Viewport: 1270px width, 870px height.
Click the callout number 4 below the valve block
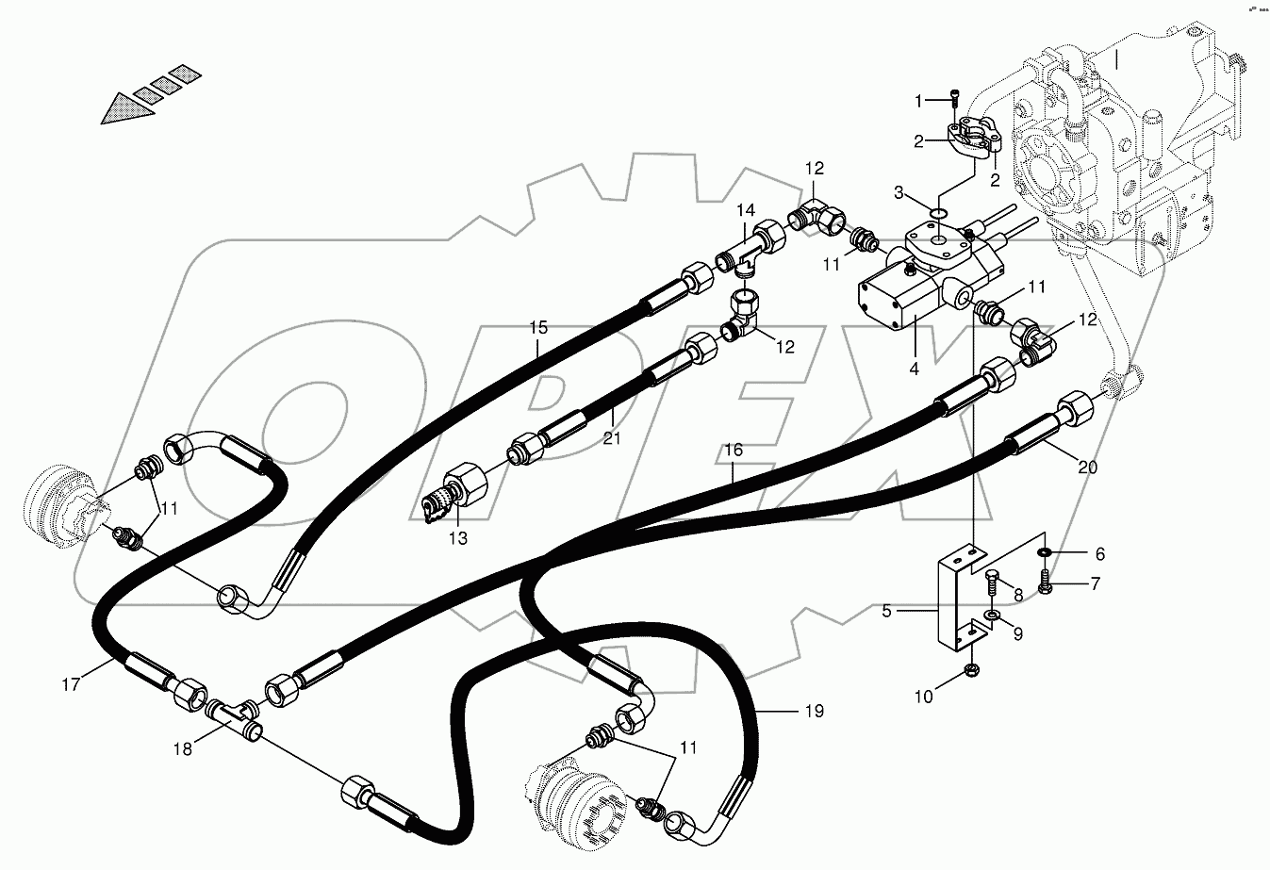(914, 369)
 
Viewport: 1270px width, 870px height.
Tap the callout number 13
(457, 538)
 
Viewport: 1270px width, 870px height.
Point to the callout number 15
(537, 328)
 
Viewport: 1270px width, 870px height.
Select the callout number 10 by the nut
(923, 697)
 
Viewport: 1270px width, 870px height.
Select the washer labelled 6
(1045, 552)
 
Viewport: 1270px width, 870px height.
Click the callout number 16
(734, 451)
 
